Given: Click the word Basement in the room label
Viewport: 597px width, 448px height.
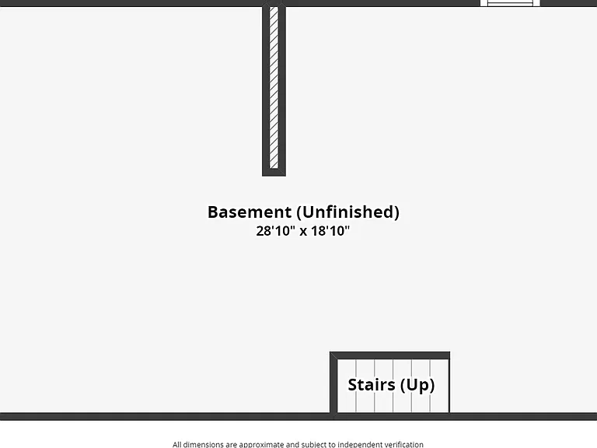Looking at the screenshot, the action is click(x=250, y=212).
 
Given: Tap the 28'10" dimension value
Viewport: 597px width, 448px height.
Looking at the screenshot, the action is click(x=276, y=231).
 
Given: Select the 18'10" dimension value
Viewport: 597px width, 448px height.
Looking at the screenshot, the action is click(x=330, y=231).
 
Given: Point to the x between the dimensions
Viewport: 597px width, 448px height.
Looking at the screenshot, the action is click(x=303, y=232).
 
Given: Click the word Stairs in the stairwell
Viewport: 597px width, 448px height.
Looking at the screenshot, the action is click(x=372, y=385).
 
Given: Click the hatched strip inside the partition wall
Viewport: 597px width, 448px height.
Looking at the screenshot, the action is click(x=274, y=87).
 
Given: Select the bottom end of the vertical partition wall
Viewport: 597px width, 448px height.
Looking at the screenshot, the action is click(x=274, y=175).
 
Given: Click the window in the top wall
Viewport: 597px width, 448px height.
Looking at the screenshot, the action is click(x=510, y=3).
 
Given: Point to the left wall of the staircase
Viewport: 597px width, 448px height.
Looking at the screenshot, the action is click(x=333, y=382).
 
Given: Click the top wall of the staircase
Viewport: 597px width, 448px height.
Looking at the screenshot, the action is click(x=389, y=355).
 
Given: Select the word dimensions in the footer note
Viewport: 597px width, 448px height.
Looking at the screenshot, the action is click(x=204, y=444).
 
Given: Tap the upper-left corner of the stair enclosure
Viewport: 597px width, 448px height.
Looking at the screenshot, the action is click(x=330, y=352).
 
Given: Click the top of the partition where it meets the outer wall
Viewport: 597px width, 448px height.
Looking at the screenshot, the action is click(x=274, y=5).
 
